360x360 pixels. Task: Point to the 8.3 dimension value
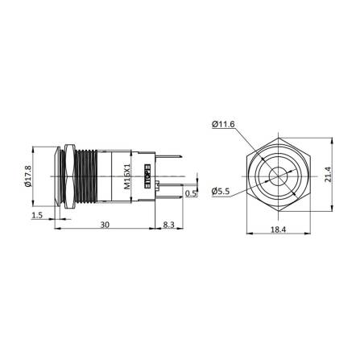coord(168,226)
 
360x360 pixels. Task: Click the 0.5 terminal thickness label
coord(190,193)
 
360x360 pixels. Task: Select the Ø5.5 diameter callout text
coord(223,191)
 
